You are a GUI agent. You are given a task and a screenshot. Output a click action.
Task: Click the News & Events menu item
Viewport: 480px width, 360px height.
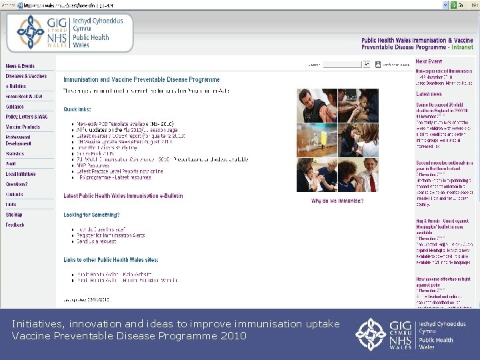pyautogui.click(x=20, y=66)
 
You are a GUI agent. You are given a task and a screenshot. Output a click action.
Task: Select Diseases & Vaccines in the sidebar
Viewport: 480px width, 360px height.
pyautogui.click(x=26, y=76)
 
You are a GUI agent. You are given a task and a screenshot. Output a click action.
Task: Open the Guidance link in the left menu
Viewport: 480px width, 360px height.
pyautogui.click(x=15, y=107)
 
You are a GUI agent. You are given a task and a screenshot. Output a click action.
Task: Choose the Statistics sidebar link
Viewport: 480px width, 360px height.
pyautogui.click(x=15, y=153)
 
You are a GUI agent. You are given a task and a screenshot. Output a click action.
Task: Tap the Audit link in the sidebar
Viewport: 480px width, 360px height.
pyautogui.click(x=11, y=163)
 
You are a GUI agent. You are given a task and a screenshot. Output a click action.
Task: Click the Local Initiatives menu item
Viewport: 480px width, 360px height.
pyautogui.click(x=20, y=174)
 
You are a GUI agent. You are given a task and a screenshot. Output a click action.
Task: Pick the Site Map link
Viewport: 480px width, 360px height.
pyautogui.click(x=14, y=215)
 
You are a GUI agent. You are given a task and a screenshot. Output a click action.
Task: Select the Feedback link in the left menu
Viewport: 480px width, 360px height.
pyautogui.click(x=15, y=225)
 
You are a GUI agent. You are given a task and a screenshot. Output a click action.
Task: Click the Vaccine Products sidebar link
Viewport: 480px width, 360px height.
pyautogui.click(x=23, y=127)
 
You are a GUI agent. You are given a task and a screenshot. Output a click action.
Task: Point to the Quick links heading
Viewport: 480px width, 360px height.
pyautogui.click(x=77, y=109)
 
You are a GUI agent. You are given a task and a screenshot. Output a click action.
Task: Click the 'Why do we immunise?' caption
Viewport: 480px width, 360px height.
pyautogui.click(x=337, y=201)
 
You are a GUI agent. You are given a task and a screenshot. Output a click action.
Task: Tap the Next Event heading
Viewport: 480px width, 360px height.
pyautogui.click(x=429, y=61)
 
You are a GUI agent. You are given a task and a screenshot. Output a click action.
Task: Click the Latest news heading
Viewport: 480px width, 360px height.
pyautogui.click(x=429, y=94)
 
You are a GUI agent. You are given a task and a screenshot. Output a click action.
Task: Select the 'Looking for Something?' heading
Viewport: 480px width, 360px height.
pyautogui.click(x=91, y=215)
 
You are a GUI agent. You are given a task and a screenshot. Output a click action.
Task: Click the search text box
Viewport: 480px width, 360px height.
pyautogui.click(x=341, y=65)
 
